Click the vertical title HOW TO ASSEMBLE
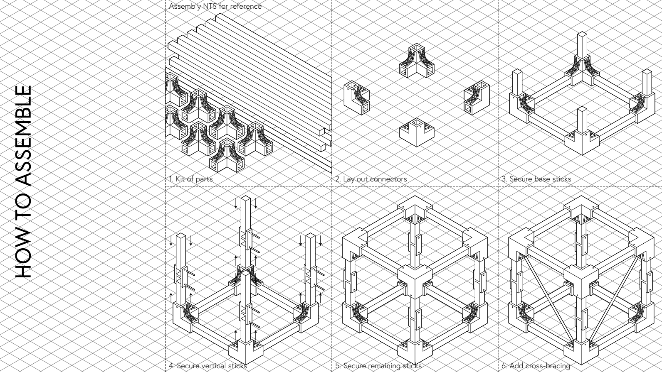click(x=23, y=182)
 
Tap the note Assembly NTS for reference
click(x=215, y=6)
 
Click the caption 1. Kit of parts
click(x=190, y=179)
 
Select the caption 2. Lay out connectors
click(x=371, y=179)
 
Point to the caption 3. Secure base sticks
click(x=536, y=179)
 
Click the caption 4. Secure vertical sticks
click(x=208, y=366)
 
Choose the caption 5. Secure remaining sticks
click(x=378, y=366)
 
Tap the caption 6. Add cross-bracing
click(x=536, y=366)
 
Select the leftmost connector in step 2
click(x=357, y=98)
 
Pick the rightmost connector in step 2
click(x=477, y=98)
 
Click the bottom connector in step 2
click(x=417, y=132)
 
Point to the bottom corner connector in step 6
click(x=581, y=352)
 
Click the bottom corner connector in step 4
click(x=246, y=352)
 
